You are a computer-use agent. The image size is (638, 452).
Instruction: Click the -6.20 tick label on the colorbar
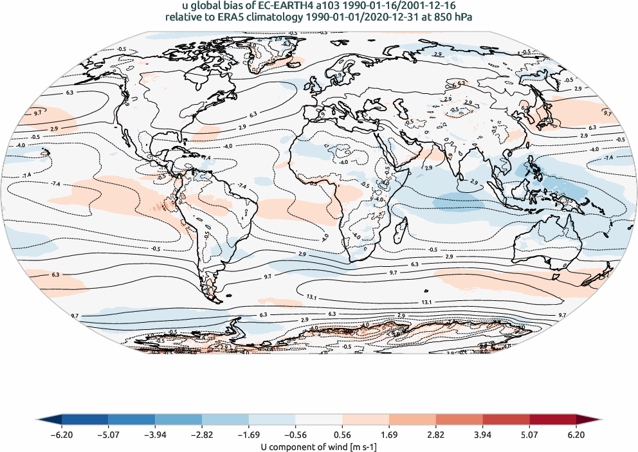62,435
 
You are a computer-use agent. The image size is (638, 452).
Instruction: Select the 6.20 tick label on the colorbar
576,435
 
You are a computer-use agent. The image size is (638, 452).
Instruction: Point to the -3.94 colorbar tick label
156,435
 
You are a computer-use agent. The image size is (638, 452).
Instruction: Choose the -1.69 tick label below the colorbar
249,435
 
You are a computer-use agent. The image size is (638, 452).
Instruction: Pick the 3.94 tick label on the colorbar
482,435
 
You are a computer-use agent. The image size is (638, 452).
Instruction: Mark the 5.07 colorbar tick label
529,435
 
